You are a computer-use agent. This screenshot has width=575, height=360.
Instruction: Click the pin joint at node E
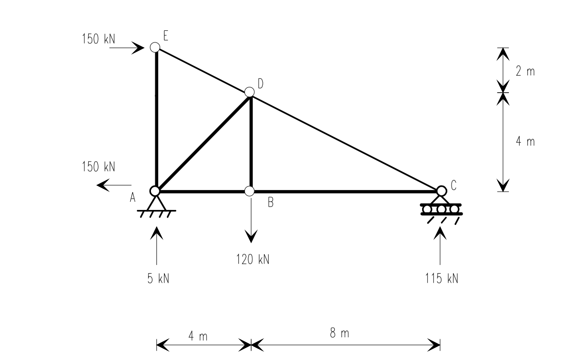coord(155,47)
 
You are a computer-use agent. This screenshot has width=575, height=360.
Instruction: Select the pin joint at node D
coord(249,92)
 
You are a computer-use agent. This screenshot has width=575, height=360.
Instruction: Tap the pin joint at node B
coord(249,191)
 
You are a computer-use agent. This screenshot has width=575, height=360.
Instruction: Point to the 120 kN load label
coord(253,259)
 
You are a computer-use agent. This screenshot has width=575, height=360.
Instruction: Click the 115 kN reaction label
coord(442,279)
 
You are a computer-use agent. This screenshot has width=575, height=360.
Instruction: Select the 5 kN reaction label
coord(158,279)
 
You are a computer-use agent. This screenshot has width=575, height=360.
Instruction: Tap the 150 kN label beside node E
coord(98,39)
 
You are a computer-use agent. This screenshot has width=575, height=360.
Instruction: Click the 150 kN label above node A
coord(98,167)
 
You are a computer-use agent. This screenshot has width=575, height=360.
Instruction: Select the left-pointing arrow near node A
coord(114,185)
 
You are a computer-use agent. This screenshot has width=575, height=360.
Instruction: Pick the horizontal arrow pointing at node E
coord(127,47)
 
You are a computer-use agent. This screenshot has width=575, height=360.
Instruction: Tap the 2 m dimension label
coord(525,71)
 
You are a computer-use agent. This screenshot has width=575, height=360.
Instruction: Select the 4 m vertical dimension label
coord(525,141)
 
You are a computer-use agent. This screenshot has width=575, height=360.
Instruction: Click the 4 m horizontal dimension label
coord(198,337)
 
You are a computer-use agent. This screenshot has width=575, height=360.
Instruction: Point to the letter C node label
coord(453,184)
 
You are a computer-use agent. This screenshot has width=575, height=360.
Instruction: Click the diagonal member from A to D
coord(203,142)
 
